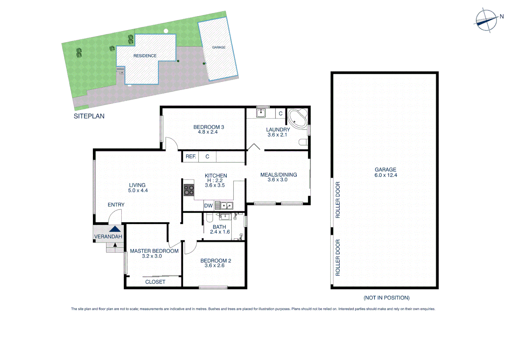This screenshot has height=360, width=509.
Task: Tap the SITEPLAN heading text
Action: click(89, 116)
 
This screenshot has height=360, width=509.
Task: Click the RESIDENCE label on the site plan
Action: click(145, 56)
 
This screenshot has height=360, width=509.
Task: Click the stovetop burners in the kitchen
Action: click(189, 190)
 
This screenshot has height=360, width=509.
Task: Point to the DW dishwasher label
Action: click(208, 206)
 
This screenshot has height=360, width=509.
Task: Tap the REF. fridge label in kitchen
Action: click(191, 156)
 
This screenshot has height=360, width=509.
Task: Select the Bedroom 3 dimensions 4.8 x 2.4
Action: click(208, 132)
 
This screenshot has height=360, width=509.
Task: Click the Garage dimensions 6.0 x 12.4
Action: click(386, 175)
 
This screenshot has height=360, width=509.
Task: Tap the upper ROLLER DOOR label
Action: click(338, 200)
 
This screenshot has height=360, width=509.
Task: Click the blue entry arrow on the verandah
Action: click(115, 229)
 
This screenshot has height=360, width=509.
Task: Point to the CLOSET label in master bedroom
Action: click(155, 282)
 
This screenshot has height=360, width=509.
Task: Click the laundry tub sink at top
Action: click(260, 113)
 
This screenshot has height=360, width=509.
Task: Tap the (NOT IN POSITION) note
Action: click(386, 298)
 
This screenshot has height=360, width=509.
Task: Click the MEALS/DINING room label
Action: click(278, 175)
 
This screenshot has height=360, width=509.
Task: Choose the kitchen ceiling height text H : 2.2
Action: click(215, 180)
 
